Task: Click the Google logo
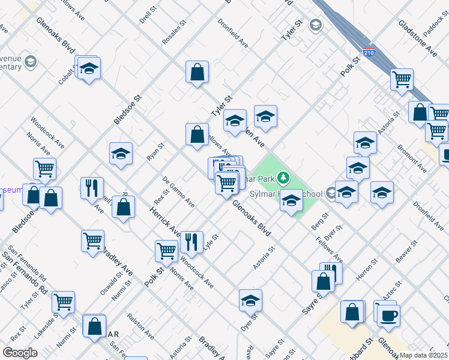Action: coord(20,353)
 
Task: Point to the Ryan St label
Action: coord(155,152)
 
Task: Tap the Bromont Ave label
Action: coord(414,159)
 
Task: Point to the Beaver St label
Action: coord(406,252)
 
